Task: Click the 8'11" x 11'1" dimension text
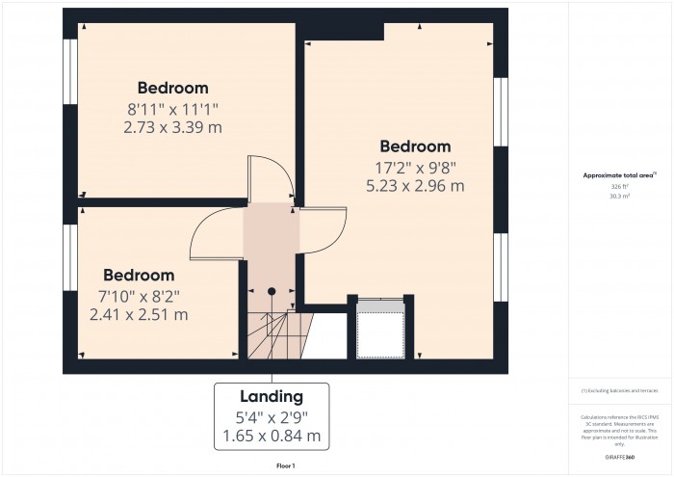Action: coord(172,108)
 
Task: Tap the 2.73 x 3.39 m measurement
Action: coord(172,126)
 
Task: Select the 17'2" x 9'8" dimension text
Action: coord(415,167)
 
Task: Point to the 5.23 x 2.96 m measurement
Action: coord(415,186)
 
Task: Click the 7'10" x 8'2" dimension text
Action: coord(139,295)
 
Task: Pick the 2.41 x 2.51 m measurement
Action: coord(139,314)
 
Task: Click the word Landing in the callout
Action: coord(272,396)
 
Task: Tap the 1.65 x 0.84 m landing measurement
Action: coord(272,437)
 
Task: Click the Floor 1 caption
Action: coord(286,465)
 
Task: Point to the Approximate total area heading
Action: coord(619,174)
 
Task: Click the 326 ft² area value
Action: coord(619,185)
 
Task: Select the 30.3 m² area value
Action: coord(619,196)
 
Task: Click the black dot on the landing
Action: coord(272,290)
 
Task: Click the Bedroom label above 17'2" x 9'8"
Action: coord(415,146)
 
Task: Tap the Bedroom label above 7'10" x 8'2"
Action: coord(139,275)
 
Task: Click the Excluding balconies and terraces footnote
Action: coord(619,390)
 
